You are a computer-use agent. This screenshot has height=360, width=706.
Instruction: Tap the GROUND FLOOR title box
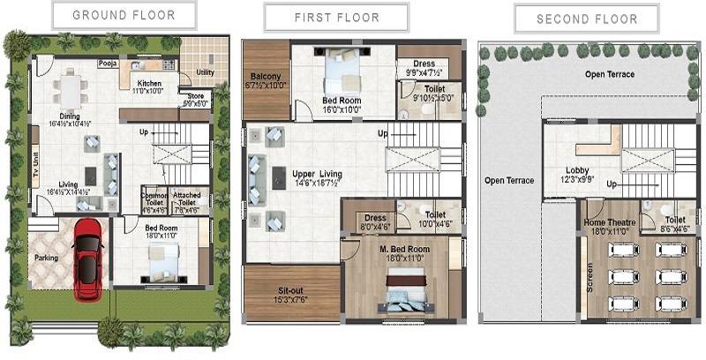tap(123, 15)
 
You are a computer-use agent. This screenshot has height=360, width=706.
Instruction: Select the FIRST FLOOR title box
tap(336, 18)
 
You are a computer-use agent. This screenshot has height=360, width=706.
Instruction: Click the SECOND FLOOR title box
tap(587, 19)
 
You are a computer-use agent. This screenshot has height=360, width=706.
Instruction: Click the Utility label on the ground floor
tap(205, 73)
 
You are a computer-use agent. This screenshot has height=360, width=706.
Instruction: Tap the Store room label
tap(194, 99)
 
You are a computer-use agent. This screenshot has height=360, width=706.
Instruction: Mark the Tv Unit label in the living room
tap(35, 163)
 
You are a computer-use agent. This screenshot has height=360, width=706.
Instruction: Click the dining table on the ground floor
tap(70, 88)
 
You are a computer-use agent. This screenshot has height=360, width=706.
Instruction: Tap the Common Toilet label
tap(154, 199)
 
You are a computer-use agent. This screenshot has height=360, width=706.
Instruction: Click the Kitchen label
tap(148, 82)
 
